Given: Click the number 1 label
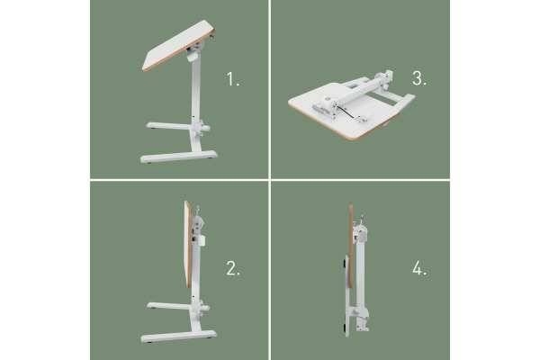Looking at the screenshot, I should point(233,78).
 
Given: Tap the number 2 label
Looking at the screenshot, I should point(232,267).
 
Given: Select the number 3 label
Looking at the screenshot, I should point(418,78).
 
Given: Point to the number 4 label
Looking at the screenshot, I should point(418,268).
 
